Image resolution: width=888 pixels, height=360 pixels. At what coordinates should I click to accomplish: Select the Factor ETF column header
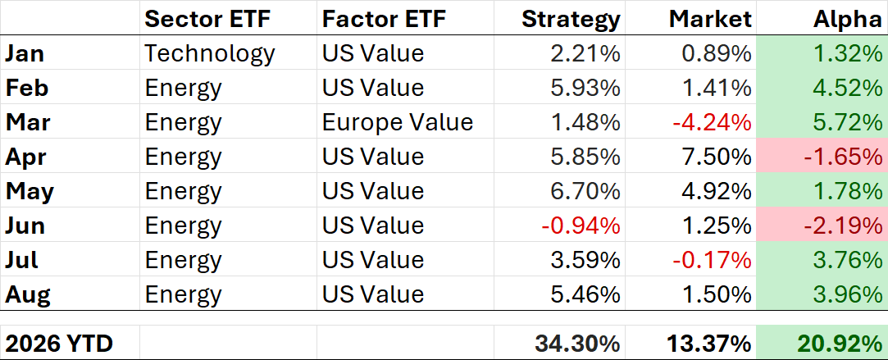pyautogui.click(x=385, y=19)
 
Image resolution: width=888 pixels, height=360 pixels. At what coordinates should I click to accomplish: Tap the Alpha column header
pyautogui.click(x=848, y=19)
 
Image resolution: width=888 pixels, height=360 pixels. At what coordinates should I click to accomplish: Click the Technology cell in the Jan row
pyautogui.click(x=210, y=54)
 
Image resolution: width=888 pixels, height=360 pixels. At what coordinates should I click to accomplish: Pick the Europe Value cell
pyautogui.click(x=398, y=122)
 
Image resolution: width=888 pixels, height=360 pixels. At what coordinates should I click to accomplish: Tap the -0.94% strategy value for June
pyautogui.click(x=581, y=226)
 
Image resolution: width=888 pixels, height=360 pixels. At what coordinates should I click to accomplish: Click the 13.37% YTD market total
pyautogui.click(x=709, y=343)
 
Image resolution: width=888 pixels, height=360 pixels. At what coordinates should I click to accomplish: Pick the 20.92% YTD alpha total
pyautogui.click(x=840, y=343)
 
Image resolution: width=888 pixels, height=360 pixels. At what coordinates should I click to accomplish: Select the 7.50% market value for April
pyautogui.click(x=717, y=157)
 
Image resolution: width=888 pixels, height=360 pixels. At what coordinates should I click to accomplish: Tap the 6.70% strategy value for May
pyautogui.click(x=585, y=191)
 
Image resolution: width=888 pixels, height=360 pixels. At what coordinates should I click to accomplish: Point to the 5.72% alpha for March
pyautogui.click(x=847, y=122)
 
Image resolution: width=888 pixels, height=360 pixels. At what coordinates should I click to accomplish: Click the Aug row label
pyautogui.click(x=28, y=295)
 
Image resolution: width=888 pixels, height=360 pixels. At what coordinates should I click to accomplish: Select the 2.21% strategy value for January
pyautogui.click(x=585, y=54)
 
